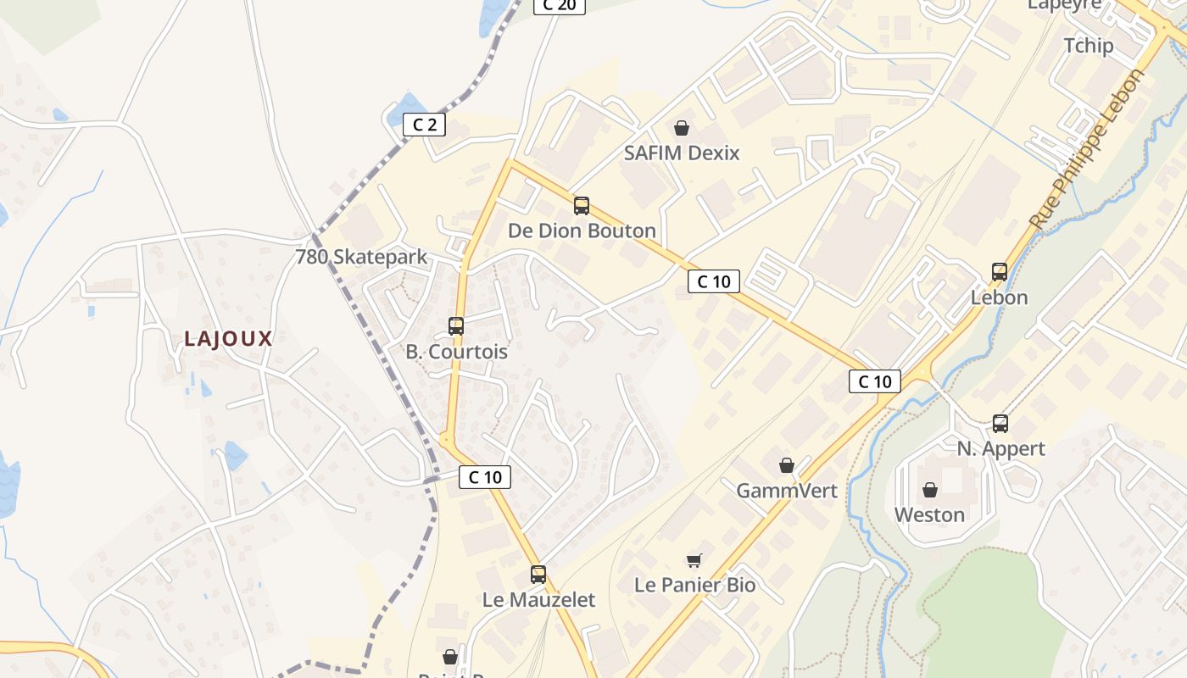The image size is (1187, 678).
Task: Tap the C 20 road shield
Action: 559,5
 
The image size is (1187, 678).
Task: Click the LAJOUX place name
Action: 229,339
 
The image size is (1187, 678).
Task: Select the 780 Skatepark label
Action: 361,257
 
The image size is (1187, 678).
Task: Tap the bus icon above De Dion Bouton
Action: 582,206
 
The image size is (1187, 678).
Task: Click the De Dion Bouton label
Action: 582,231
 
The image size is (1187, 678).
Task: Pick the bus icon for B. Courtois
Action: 456,326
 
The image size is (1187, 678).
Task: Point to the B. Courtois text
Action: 456,352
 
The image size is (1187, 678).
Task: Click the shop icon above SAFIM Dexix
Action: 682,128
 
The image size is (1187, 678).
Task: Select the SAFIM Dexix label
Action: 682,153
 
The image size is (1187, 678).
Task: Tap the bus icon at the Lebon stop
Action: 1000,272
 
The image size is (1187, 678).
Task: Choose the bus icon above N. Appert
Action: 1000,424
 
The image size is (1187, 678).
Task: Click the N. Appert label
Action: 1000,448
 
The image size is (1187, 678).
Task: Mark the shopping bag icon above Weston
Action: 930,490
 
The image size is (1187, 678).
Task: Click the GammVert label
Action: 787,491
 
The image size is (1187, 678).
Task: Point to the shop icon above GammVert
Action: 787,465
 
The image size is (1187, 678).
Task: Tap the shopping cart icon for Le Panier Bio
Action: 694,559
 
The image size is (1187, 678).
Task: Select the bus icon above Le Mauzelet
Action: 538,575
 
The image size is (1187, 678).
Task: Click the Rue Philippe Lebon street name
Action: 1088,150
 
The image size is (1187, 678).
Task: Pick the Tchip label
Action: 1089,46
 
